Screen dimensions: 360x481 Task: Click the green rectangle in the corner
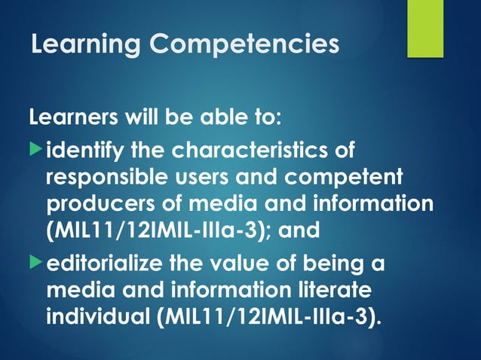tap(425, 29)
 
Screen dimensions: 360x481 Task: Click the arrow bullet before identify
tap(36, 150)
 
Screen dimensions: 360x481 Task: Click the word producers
tap(94, 204)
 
